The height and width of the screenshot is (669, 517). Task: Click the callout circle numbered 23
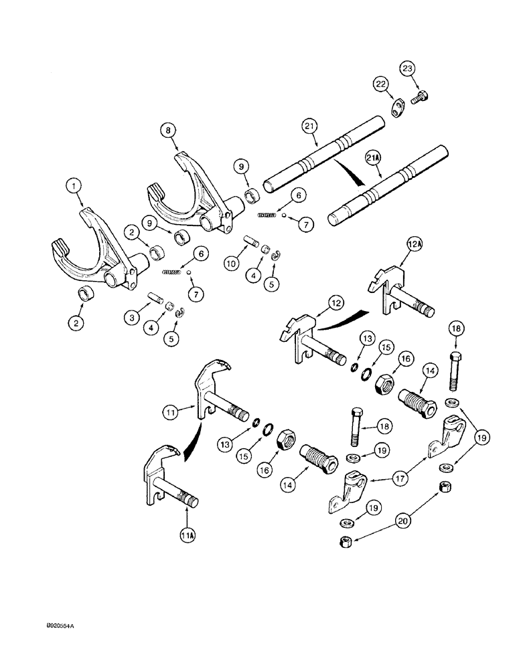point(407,68)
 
